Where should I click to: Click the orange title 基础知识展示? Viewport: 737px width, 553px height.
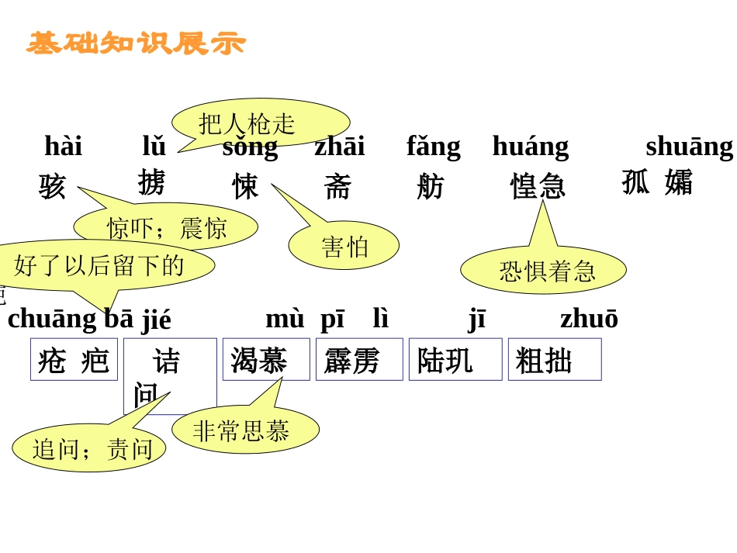pyautogui.click(x=136, y=43)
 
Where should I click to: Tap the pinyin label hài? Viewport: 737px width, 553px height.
pyautogui.click(x=63, y=146)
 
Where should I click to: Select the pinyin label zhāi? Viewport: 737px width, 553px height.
pyautogui.click(x=339, y=146)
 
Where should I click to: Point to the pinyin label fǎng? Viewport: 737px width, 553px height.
pyautogui.click(x=433, y=146)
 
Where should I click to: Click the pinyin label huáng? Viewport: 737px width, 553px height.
pyautogui.click(x=530, y=146)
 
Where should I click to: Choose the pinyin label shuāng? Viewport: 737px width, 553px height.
pyautogui.click(x=689, y=146)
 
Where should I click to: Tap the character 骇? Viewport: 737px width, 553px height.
pyautogui.click(x=53, y=187)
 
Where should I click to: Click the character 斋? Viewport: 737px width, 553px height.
pyautogui.click(x=337, y=187)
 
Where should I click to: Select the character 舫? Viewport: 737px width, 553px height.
pyautogui.click(x=430, y=187)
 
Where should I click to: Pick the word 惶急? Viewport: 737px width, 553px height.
pyautogui.click(x=538, y=186)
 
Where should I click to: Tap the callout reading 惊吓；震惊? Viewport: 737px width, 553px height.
pyautogui.click(x=166, y=228)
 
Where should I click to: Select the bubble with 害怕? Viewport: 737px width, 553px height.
pyautogui.click(x=344, y=246)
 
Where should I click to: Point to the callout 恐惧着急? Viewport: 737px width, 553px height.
pyautogui.click(x=543, y=270)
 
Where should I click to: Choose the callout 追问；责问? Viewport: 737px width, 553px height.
pyautogui.click(x=89, y=448)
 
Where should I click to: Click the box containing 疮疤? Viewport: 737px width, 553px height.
pyautogui.click(x=74, y=360)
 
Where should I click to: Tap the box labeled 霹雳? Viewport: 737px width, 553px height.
pyautogui.click(x=359, y=360)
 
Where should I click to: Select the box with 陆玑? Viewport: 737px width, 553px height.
pyautogui.click(x=455, y=360)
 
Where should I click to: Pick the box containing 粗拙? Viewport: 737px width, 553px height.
pyautogui.click(x=554, y=360)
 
